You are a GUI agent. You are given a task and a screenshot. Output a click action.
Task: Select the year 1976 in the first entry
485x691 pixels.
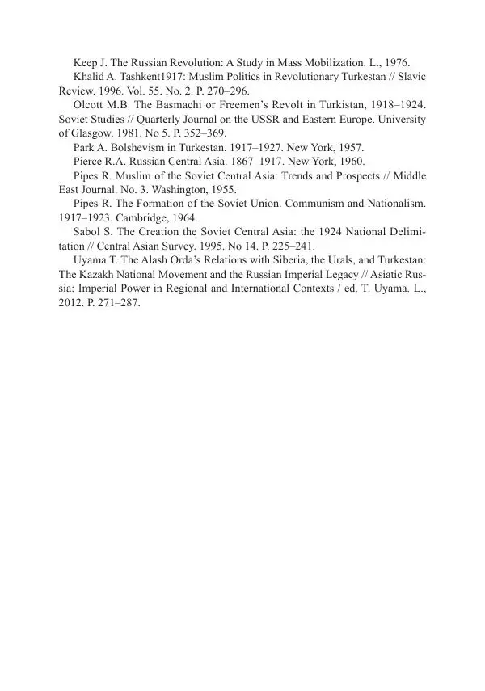pos(395,61)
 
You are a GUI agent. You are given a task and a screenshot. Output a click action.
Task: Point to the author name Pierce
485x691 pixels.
pos(90,162)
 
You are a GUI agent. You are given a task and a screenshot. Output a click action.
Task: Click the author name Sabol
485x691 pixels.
pos(89,234)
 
